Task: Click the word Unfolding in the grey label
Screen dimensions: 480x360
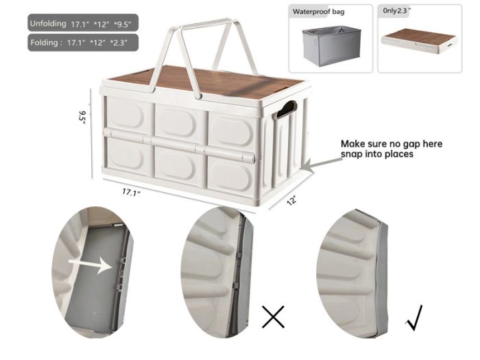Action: [48, 23]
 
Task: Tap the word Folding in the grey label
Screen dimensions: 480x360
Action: [44, 43]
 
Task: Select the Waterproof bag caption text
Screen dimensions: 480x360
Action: [318, 12]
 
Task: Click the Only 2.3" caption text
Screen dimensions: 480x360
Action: [396, 10]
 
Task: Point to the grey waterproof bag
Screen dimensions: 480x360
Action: [331, 45]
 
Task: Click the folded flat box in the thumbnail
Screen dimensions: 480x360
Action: [420, 42]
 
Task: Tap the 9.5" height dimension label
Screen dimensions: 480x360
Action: [82, 118]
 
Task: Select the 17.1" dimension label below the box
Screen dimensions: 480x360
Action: [132, 193]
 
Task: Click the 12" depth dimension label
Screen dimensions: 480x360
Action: [291, 200]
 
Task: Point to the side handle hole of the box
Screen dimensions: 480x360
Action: [287, 110]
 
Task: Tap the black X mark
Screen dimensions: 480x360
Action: [274, 317]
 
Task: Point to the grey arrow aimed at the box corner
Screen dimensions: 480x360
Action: [322, 163]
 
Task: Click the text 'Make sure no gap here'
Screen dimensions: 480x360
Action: [392, 143]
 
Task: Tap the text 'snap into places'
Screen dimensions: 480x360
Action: [377, 154]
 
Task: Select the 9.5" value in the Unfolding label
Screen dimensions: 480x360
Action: [123, 25]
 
